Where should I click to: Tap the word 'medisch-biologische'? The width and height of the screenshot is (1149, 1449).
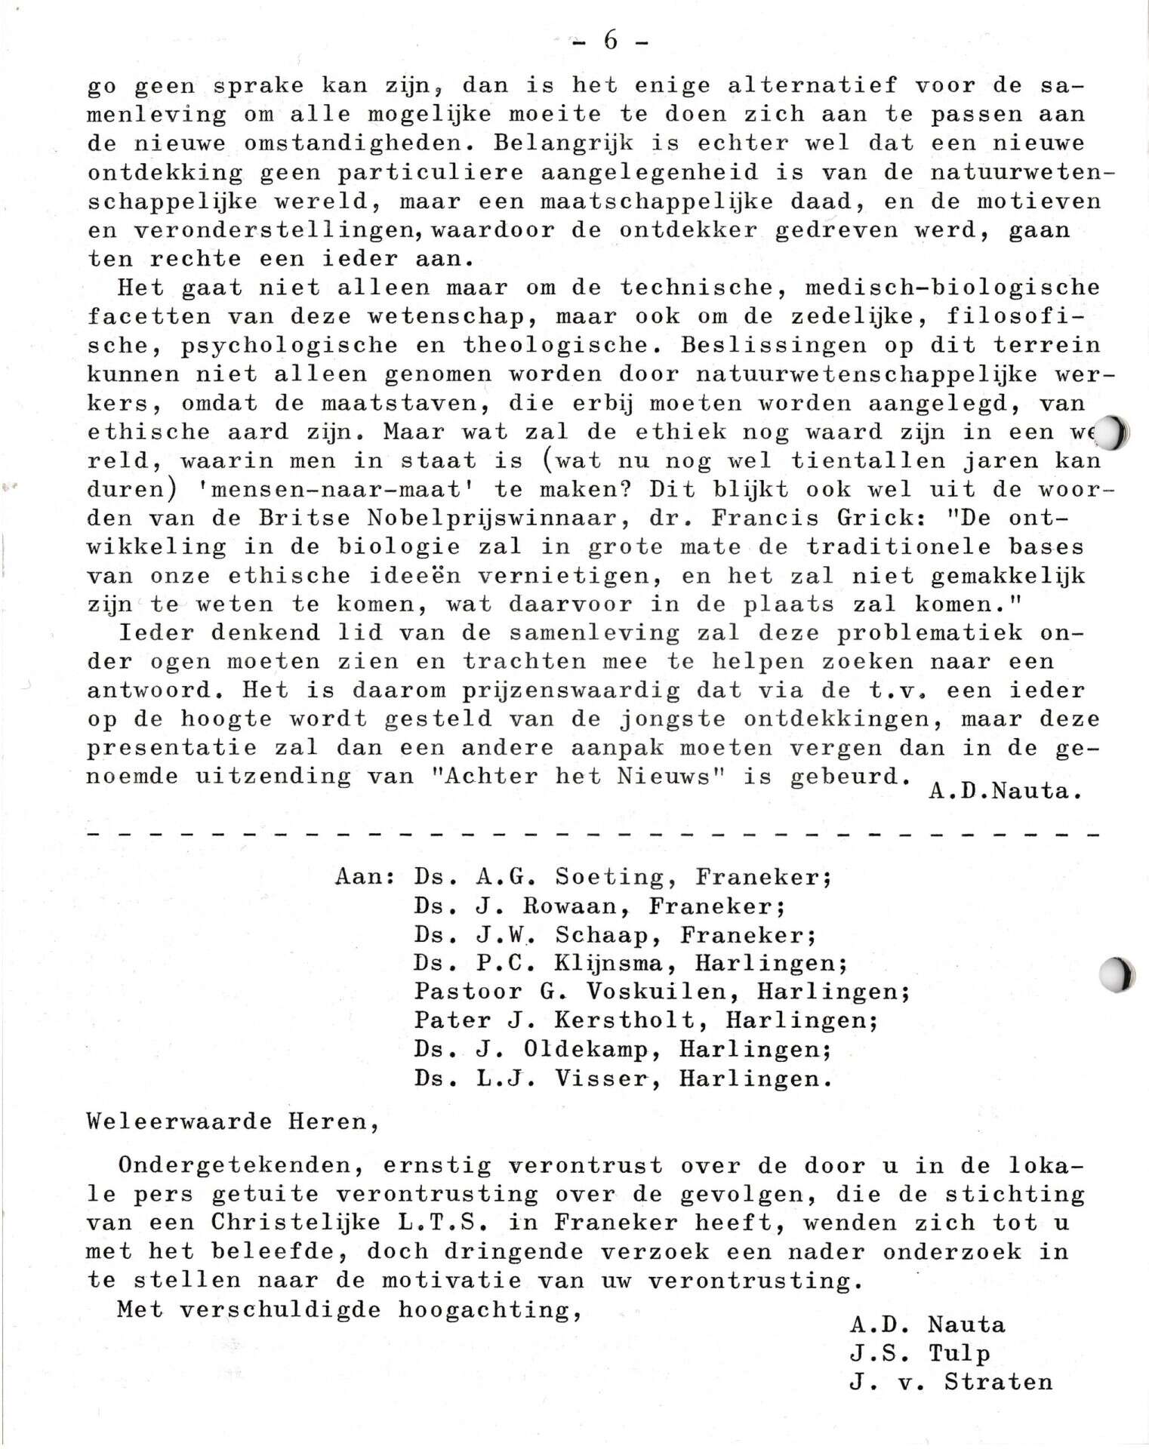(952, 288)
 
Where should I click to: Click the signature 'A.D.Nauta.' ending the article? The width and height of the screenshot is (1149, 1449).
(999, 791)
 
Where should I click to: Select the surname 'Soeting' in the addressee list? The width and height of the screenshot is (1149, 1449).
(610, 877)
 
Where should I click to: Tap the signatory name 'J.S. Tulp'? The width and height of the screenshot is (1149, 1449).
(920, 1353)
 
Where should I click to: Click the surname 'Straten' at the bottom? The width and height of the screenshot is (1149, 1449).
(998, 1383)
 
